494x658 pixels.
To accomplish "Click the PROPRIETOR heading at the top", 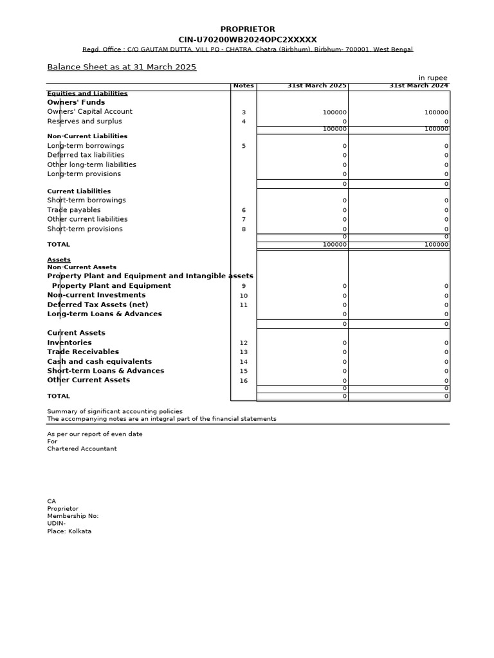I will tap(248, 30).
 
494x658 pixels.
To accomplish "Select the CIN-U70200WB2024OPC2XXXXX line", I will tap(248, 40).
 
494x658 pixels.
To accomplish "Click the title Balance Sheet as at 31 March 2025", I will tap(122, 67).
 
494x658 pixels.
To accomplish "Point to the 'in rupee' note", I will tap(433, 78).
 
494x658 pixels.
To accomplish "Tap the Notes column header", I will tap(243, 86).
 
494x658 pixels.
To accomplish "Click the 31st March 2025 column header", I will tap(316, 86).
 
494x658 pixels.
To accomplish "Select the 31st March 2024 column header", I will tap(418, 86).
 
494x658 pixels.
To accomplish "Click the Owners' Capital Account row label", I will tap(89, 112).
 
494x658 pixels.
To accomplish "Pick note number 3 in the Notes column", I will tap(243, 112).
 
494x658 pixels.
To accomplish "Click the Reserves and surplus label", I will tap(84, 121).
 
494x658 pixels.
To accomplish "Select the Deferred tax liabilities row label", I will tap(86, 155).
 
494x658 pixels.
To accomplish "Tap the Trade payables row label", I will tap(73, 210).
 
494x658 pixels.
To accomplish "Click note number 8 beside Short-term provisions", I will tap(243, 229).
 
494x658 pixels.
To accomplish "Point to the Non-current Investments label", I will tap(96, 295).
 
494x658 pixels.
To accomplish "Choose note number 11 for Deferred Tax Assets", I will tap(243, 305).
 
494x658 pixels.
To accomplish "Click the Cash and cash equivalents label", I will tap(99, 362).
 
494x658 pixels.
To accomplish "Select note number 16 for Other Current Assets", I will tap(243, 381).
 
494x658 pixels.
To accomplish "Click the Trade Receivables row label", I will tap(83, 352).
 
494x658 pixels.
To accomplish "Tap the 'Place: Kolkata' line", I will tap(69, 531).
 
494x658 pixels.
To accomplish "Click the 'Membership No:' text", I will tap(73, 516).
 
